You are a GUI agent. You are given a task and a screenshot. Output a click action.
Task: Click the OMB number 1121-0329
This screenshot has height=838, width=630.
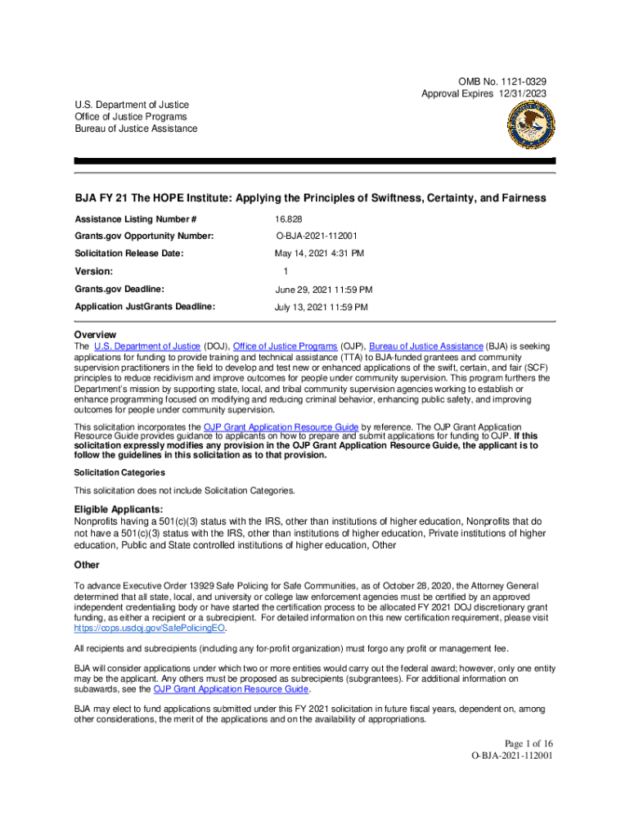[x=520, y=82]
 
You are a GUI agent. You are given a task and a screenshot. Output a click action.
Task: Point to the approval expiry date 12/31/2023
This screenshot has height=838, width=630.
[x=521, y=94]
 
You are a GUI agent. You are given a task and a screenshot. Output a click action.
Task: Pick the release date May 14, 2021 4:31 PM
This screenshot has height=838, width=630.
[x=319, y=254]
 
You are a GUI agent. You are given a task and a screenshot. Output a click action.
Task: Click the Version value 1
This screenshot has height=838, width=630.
[x=286, y=271]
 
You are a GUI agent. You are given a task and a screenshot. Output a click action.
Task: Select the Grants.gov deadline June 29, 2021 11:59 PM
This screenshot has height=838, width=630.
[x=323, y=290]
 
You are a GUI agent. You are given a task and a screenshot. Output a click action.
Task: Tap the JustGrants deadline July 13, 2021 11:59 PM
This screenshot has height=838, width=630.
[x=321, y=307]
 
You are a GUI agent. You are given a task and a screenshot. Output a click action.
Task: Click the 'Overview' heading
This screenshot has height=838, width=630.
[x=95, y=335]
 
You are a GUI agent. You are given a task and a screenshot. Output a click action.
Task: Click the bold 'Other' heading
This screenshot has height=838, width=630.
[x=87, y=565]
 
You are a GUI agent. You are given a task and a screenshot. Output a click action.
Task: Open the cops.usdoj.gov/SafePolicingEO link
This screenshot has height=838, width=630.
[x=150, y=628]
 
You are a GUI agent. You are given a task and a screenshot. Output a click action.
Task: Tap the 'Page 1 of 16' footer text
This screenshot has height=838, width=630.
[x=518, y=742]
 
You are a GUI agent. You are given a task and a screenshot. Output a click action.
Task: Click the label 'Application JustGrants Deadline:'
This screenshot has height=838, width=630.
[x=145, y=307]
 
